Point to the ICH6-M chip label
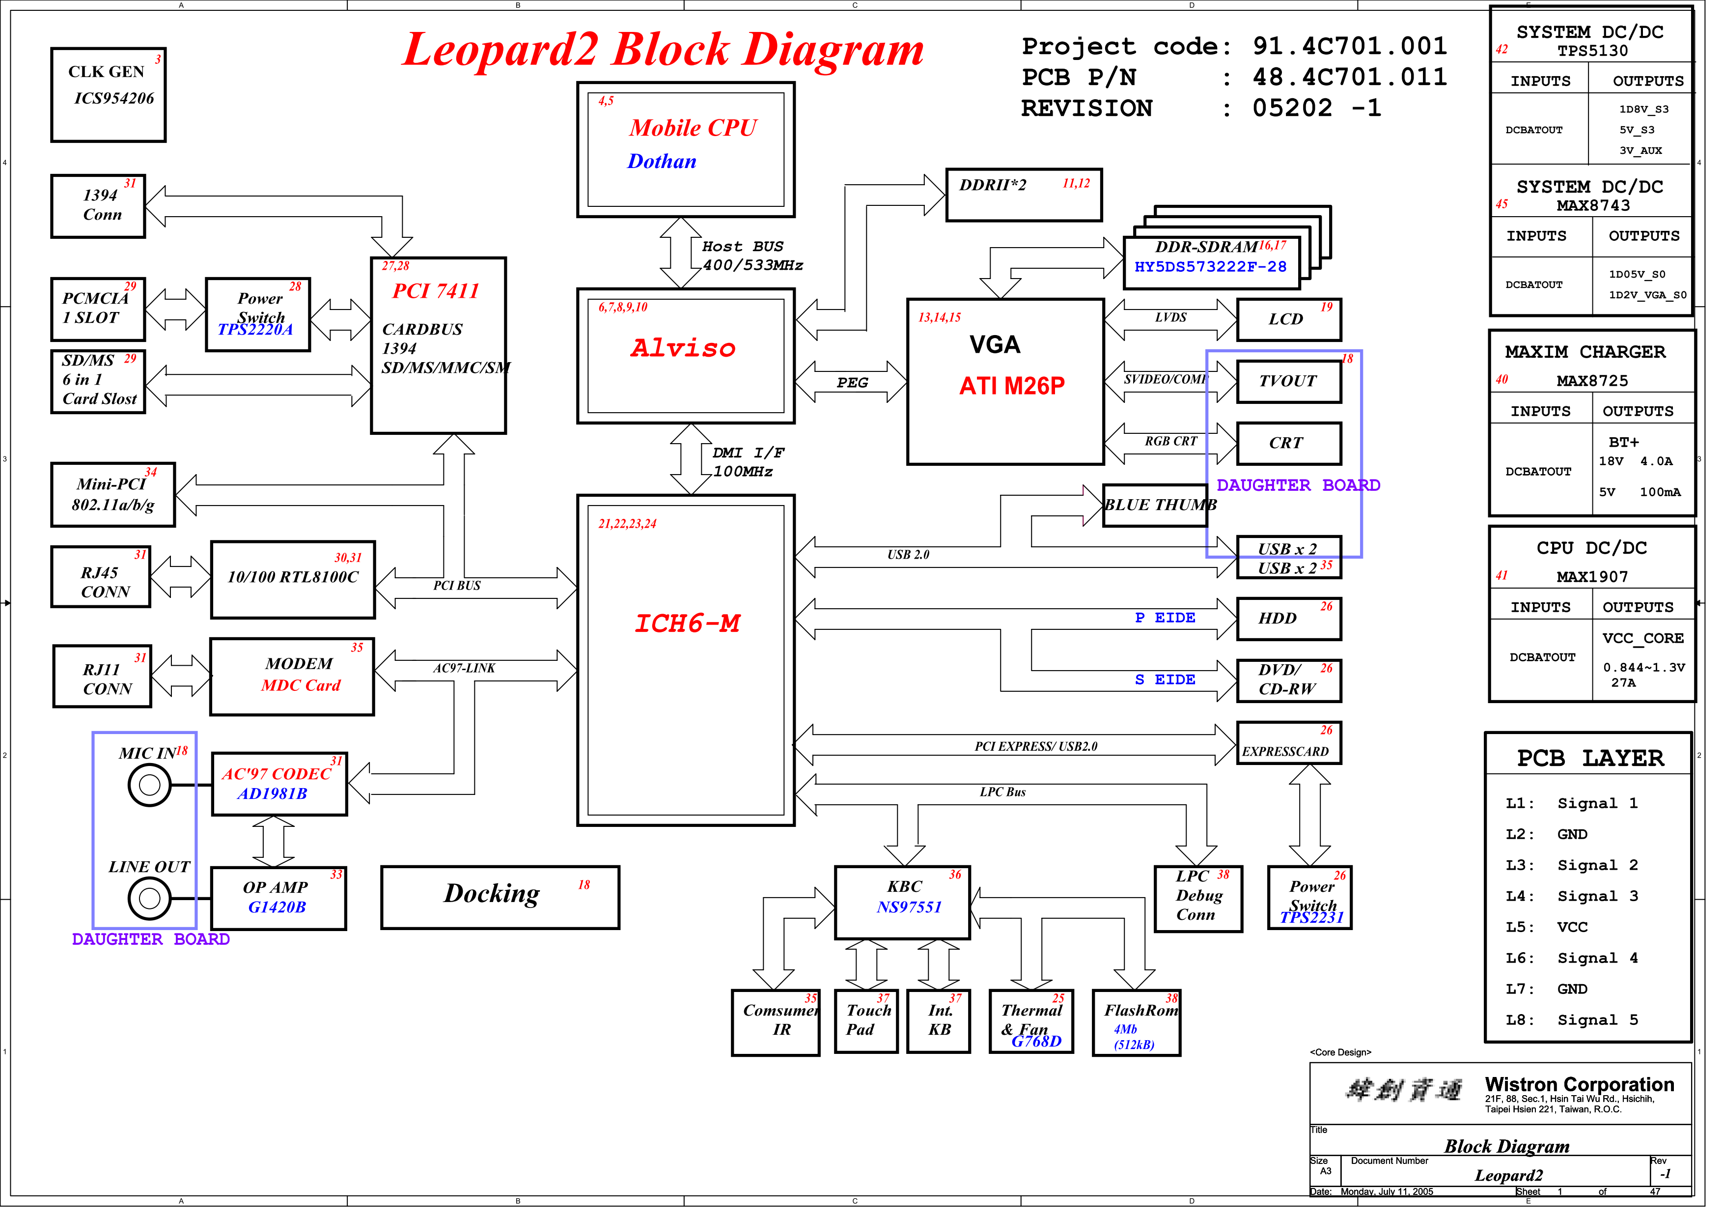694,629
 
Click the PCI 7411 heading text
440,293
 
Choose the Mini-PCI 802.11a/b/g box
114,499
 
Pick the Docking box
505,906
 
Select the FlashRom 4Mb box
1147,1033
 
